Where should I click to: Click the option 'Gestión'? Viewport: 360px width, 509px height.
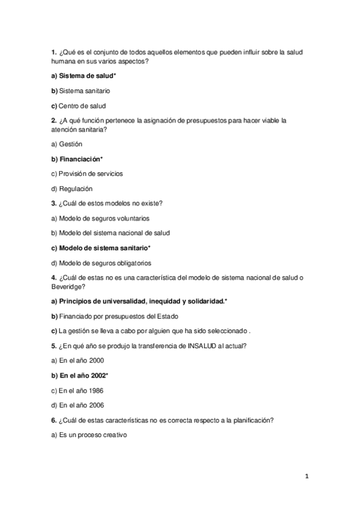click(x=70, y=144)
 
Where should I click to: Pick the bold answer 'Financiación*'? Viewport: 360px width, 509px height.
click(x=80, y=159)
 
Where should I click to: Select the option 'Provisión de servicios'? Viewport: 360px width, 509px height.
click(x=91, y=173)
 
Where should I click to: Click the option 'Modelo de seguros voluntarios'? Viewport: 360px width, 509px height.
click(x=104, y=218)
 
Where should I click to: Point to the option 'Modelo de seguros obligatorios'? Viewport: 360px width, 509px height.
click(x=105, y=262)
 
